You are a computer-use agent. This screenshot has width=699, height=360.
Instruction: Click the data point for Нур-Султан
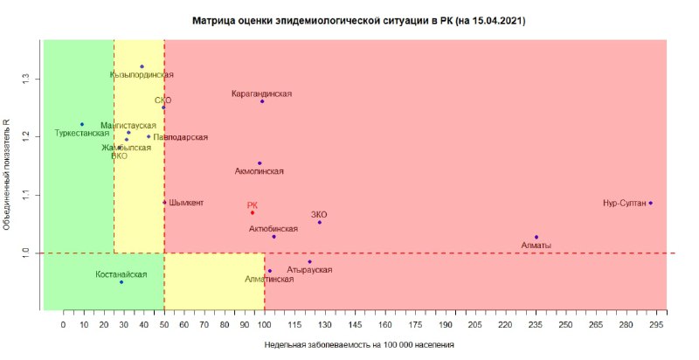coord(651,203)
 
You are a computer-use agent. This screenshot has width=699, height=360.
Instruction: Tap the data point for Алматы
coord(536,237)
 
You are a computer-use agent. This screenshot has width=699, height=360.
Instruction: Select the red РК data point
coord(253,212)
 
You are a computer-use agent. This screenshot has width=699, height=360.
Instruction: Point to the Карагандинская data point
coord(261,101)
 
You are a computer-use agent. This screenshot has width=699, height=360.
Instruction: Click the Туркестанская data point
coord(82,124)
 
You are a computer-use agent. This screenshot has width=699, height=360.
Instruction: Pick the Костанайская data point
coord(121,282)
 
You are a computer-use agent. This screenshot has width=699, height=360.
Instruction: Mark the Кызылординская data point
coord(142,66)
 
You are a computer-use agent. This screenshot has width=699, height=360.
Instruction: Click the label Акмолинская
coord(260,171)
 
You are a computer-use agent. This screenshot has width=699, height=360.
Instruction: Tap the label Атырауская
coord(309,270)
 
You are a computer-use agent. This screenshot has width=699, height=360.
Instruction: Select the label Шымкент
coord(186,203)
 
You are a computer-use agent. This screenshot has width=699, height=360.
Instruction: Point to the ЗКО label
coord(319,214)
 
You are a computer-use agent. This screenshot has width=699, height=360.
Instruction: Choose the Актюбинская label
coord(273,228)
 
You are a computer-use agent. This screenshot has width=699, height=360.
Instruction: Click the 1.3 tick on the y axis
coord(26,79)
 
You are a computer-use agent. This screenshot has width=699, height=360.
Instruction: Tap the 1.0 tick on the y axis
coord(26,253)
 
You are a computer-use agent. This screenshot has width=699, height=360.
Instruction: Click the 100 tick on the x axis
coord(264,323)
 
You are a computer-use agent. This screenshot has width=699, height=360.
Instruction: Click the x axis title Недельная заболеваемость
coord(359,345)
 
